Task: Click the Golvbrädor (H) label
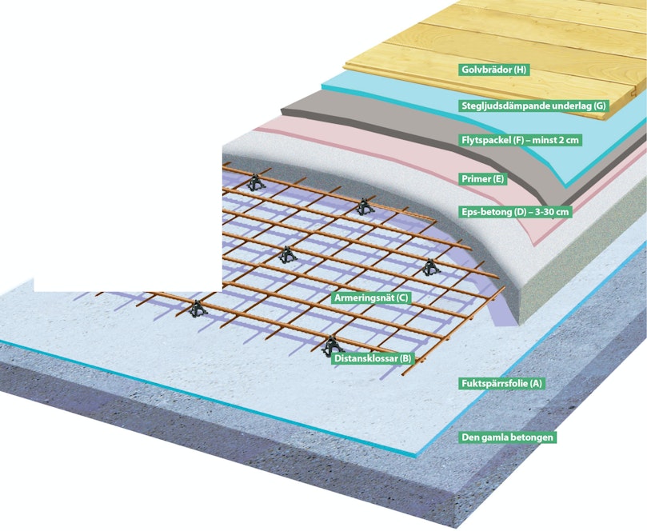[x=493, y=70]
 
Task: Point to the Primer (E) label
[x=482, y=179]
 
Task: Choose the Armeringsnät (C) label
[x=371, y=298]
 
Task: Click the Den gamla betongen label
[x=507, y=437]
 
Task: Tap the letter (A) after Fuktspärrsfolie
[x=535, y=383]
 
